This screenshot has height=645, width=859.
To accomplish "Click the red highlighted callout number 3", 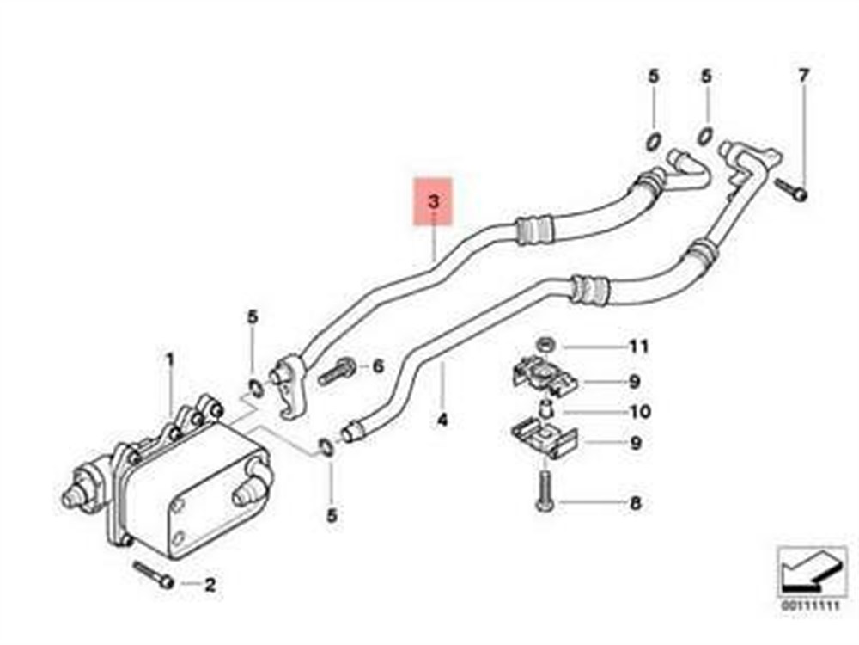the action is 434,201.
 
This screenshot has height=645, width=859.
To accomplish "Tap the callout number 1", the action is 170,360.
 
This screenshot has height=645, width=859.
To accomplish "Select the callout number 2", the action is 210,585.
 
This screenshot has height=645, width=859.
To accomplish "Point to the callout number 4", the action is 442,421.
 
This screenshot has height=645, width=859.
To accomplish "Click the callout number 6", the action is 378,365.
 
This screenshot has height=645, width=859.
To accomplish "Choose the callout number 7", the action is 802,76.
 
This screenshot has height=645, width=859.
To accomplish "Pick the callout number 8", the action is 635,503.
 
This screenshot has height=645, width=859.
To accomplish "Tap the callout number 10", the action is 640,411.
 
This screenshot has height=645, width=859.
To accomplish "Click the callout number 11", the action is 639,346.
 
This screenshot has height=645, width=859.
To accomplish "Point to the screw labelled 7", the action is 793,190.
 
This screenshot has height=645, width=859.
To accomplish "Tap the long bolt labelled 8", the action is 545,491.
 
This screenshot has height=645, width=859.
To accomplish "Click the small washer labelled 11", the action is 545,346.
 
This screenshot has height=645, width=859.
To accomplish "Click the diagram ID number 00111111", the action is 810,606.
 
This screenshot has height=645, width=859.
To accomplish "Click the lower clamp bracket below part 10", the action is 545,439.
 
